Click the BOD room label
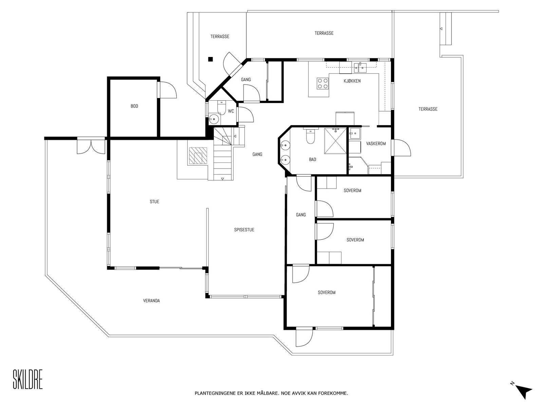point(134,106)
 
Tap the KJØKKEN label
point(352,81)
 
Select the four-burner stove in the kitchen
point(323,83)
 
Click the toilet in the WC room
point(221,108)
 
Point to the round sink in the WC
point(213,119)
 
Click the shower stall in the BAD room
point(335,141)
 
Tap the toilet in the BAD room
point(310,136)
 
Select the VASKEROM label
point(376,143)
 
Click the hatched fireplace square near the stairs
point(198,156)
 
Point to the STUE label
point(154,202)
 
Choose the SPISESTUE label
point(244,230)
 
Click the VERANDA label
point(151,301)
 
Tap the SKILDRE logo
point(28,379)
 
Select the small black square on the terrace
point(210,59)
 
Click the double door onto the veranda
point(91,146)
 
